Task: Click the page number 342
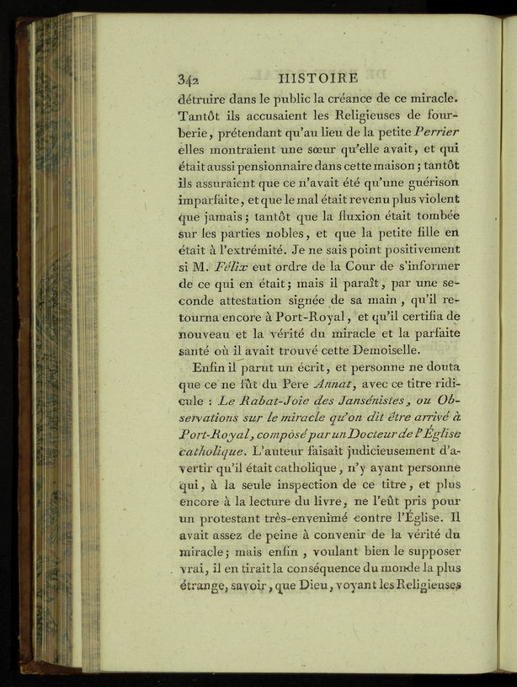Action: click(x=187, y=79)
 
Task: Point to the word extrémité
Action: click(x=252, y=249)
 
